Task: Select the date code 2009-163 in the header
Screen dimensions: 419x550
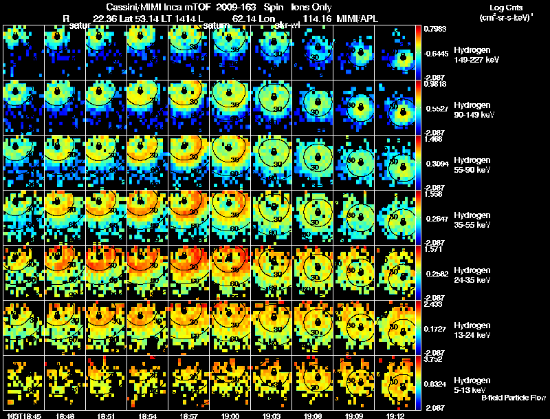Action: tap(234, 6)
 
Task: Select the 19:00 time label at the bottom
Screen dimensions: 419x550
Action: tap(230, 416)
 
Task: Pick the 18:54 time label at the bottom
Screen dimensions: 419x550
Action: tap(148, 416)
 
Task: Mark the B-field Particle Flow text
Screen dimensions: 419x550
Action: tap(514, 398)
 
